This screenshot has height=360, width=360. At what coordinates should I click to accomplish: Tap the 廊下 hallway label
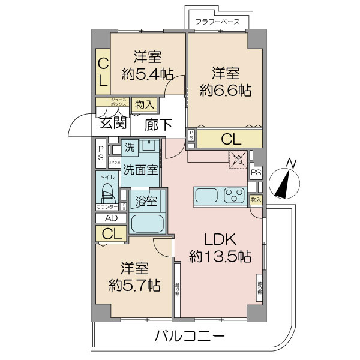159,125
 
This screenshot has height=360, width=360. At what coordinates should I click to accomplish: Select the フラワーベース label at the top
218,22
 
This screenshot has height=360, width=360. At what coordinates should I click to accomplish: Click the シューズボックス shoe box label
118,103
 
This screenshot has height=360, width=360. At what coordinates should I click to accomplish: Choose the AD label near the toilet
111,218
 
